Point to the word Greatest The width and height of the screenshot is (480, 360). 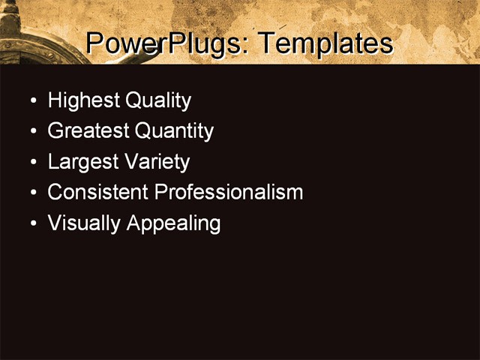[x=88, y=131]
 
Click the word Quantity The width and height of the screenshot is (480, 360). [x=174, y=131]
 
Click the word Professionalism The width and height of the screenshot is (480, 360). [x=228, y=192]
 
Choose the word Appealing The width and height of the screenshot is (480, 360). [x=174, y=223]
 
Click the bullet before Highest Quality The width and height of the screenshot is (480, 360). [x=32, y=101]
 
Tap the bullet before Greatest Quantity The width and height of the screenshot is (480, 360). [x=32, y=132]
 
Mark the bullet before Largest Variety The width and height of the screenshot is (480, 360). [x=32, y=163]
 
